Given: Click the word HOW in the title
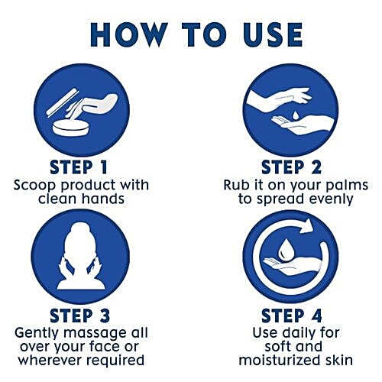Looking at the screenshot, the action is (129, 35).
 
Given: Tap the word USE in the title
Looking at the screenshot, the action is (273, 35).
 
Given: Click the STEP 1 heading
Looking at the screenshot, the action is (79, 167).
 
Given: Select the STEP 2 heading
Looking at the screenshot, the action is (291, 167).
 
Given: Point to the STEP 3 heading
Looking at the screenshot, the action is (80, 316).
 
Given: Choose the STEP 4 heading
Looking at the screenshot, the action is (292, 316).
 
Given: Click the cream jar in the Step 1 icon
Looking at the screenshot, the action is (70, 128).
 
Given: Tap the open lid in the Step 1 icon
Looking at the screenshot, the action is (63, 102).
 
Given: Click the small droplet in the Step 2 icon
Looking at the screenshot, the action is (295, 115).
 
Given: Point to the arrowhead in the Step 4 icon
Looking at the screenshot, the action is (307, 225).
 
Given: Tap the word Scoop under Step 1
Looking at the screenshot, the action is (34, 185).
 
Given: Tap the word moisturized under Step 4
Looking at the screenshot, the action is (277, 360).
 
